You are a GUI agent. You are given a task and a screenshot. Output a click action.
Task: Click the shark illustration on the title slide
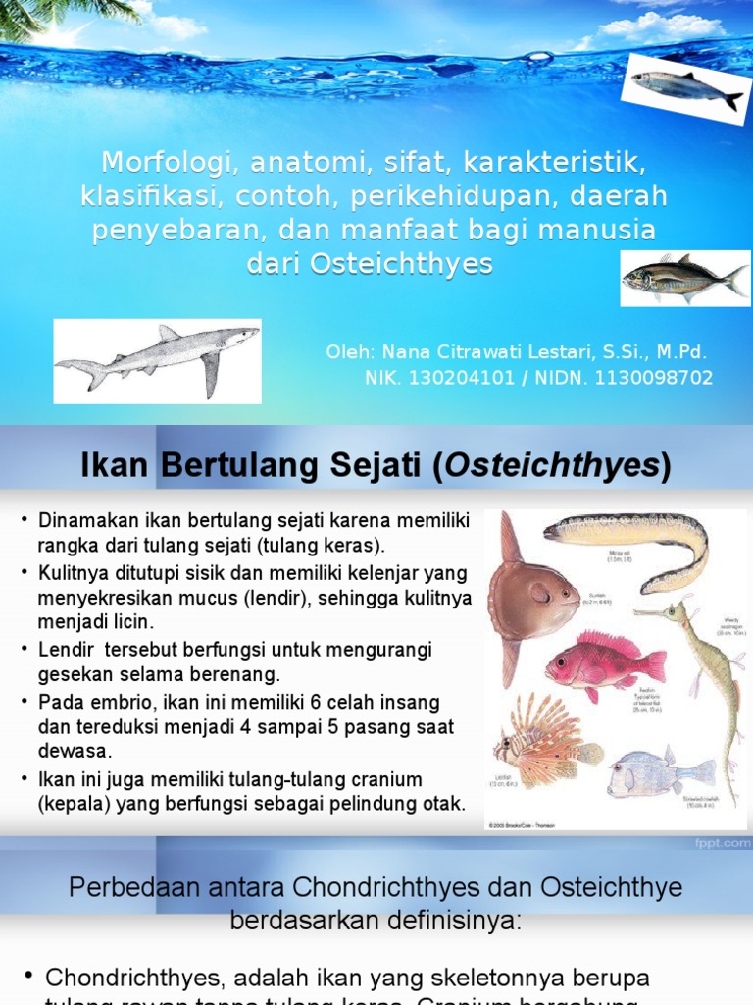157,360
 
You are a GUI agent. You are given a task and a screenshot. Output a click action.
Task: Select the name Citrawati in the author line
477,352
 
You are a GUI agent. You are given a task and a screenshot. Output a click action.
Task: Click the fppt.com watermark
724,841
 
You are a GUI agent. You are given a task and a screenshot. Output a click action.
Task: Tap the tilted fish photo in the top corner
686,88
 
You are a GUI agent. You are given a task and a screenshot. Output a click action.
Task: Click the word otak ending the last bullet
445,804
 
